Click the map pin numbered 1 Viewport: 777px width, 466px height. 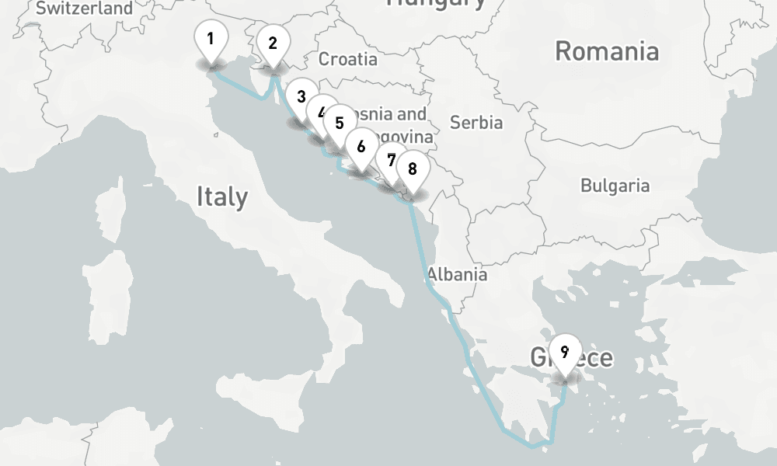(211, 39)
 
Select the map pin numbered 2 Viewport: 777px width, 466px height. (272, 44)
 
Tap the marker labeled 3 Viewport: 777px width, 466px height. (301, 98)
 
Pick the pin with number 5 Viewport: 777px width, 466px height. (339, 123)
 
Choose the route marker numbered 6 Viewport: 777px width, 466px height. (360, 146)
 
